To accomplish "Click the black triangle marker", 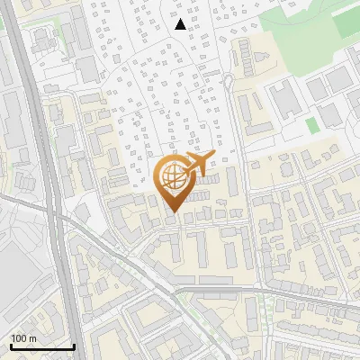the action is click(181, 24).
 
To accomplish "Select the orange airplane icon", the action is click(197, 163).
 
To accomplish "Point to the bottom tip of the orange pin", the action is click(172, 213).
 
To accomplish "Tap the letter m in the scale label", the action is click(33, 337).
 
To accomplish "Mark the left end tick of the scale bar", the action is click(11, 346).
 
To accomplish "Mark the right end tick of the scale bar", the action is click(74, 346).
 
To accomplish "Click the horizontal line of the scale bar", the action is click(42, 347).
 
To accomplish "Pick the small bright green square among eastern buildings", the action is click(311, 125).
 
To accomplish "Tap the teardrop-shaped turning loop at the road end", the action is click(228, 83).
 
